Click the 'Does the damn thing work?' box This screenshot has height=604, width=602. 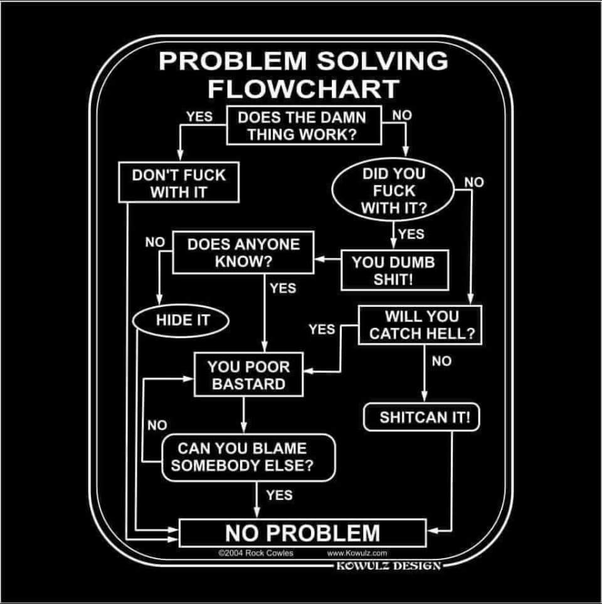304,126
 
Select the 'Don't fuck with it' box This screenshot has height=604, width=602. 179,183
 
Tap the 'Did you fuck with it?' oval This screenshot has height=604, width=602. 393,191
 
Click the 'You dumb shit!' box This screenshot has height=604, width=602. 394,270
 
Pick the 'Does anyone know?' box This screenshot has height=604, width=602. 243,253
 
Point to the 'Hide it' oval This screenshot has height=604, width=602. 182,320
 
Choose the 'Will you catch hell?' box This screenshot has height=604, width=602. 421,325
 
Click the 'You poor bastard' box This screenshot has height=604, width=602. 248,375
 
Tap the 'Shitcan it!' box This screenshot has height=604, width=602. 421,418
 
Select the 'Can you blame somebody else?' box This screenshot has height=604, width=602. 248,457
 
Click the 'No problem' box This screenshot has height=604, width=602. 303,533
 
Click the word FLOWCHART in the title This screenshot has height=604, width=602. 303,89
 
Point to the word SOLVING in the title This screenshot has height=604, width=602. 383,61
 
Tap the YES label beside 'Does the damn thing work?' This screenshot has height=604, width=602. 199,116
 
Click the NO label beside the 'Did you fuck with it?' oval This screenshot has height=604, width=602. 474,182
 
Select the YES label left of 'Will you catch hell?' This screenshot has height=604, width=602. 322,328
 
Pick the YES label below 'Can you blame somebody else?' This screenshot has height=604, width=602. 279,495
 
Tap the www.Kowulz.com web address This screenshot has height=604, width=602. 357,553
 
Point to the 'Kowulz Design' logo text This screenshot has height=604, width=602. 389,565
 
